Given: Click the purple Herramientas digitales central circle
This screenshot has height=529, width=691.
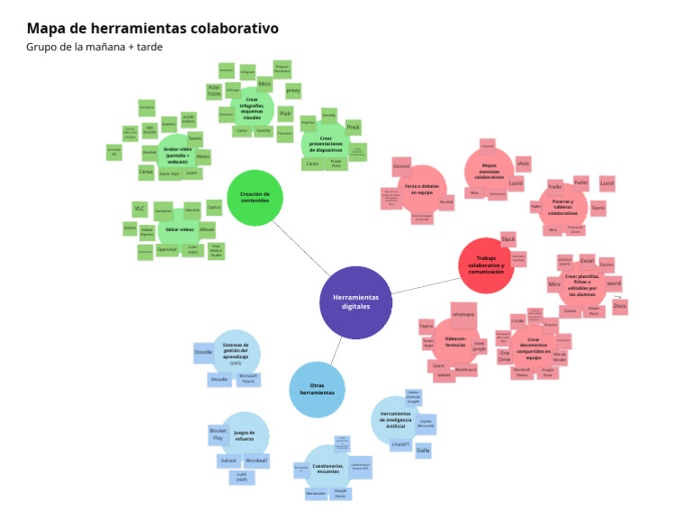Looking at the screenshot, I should [x=355, y=302].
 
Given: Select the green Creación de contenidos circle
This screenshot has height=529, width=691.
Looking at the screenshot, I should [x=255, y=197].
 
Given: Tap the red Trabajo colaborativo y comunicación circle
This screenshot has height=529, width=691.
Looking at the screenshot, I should [x=486, y=264].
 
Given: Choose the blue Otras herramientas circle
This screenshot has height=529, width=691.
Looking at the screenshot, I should [x=316, y=390].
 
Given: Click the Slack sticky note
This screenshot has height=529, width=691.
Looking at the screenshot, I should [x=507, y=239].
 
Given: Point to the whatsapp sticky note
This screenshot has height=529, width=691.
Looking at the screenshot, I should [x=463, y=314].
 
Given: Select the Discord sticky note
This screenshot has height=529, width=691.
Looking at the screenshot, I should [x=401, y=166].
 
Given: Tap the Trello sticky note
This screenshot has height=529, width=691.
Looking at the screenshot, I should [x=554, y=187].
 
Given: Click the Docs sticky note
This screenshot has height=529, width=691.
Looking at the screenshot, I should [x=619, y=306].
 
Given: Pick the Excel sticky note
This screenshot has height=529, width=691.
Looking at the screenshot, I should [x=587, y=261].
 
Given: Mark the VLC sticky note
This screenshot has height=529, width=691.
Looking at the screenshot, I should [x=139, y=209].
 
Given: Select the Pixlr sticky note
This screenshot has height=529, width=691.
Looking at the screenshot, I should [x=285, y=113].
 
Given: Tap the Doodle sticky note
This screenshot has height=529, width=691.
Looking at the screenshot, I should [x=203, y=353].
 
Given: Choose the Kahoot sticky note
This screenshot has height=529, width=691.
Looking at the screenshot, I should [x=229, y=460].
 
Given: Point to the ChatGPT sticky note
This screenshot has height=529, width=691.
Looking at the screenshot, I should [x=400, y=444].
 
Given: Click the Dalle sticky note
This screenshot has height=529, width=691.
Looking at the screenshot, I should [x=424, y=450].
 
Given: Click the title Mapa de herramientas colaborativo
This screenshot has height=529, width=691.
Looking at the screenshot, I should [x=152, y=29].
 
